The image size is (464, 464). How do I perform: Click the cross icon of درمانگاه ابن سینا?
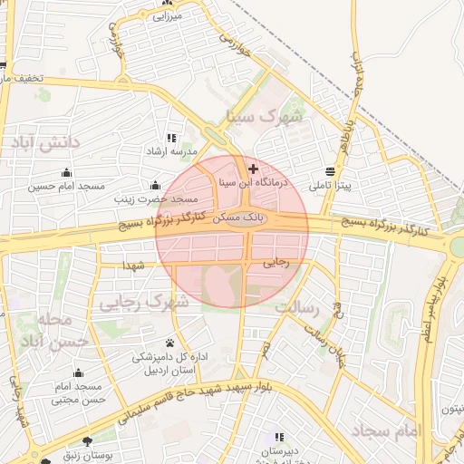pos(253,169)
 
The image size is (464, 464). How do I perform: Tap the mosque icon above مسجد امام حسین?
pos(65,173)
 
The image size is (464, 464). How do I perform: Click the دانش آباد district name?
pos(46,142)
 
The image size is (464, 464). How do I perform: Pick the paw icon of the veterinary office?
pos(169,343)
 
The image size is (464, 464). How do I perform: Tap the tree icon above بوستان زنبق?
pos(87,441)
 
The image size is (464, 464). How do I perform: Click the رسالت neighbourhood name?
pos(297,307)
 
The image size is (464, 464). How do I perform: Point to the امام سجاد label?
pos(396,430)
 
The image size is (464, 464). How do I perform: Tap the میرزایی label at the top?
pos(168,15)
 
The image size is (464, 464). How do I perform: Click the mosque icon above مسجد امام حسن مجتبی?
pos(78,373)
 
